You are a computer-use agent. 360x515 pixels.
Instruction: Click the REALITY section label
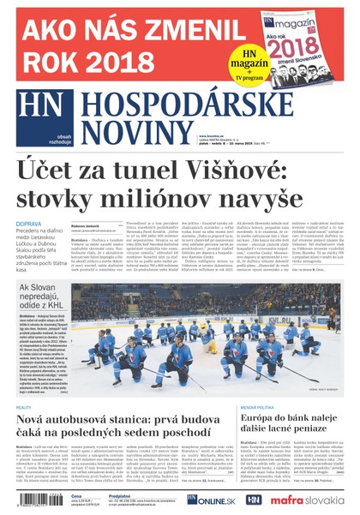[24, 407]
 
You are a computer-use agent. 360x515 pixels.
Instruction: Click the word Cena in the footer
[76, 495]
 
